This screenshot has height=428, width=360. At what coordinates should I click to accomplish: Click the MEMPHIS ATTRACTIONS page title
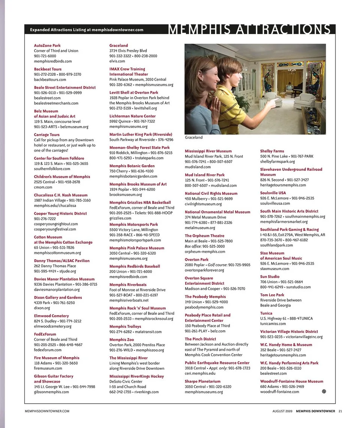(x=249, y=30)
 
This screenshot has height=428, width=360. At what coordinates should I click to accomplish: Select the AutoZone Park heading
(x=47, y=45)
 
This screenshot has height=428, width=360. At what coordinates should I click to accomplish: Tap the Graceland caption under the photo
(x=193, y=138)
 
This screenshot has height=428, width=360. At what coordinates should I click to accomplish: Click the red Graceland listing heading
(x=118, y=45)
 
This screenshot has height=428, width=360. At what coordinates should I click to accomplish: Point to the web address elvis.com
(x=117, y=61)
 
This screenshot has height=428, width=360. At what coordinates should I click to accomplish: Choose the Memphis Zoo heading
(x=121, y=340)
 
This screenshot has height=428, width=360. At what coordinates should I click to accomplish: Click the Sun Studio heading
(x=270, y=277)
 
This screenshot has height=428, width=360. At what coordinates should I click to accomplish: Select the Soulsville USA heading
(x=273, y=193)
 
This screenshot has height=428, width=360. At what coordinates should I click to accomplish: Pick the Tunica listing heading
(x=266, y=313)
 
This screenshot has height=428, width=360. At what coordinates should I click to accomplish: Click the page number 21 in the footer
(x=340, y=411)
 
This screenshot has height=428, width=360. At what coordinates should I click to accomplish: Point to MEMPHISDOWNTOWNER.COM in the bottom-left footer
(x=47, y=411)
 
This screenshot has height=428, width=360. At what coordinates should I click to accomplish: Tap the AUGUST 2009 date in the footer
(x=282, y=411)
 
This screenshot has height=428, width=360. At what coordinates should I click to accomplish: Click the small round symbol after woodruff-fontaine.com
(x=324, y=391)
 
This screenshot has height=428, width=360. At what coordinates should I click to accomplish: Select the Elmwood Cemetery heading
(x=51, y=316)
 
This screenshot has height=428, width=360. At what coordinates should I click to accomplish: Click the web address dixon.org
(x=42, y=308)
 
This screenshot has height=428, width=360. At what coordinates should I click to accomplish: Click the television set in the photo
(x=289, y=88)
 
